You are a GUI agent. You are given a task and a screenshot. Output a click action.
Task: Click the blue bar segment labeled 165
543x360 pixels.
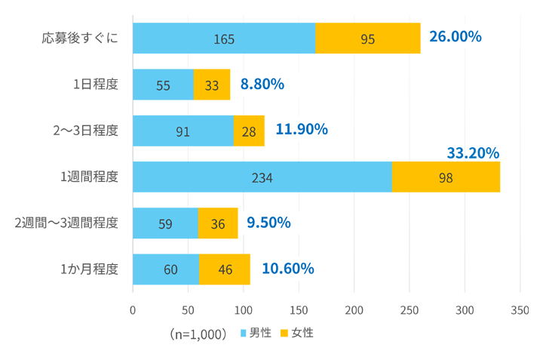coord(223,38)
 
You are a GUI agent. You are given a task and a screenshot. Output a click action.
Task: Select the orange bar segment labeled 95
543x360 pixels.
coord(368,38)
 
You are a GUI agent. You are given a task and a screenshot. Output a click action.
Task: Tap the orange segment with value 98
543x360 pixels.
coord(446,177)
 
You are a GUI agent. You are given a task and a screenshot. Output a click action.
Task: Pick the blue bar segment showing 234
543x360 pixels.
coord(262,177)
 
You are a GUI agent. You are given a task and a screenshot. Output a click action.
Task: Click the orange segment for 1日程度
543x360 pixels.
coord(212,85)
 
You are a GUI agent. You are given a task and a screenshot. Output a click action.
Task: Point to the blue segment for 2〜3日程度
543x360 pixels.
coord(183,131)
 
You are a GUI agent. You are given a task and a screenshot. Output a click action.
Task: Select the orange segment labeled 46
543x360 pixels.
coord(225,269)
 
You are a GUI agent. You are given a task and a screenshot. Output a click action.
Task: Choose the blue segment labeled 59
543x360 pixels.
coord(165,223)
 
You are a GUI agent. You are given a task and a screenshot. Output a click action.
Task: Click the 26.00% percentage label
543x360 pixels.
coord(455,36)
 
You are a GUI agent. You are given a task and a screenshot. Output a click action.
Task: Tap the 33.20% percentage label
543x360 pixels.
coord(473,153)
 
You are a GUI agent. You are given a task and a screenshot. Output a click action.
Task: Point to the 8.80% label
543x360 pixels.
coord(262,84)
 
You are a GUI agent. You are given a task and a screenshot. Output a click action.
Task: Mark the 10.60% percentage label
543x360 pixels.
coord(287,268)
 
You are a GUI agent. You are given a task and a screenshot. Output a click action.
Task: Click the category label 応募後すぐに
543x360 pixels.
coord(81,38)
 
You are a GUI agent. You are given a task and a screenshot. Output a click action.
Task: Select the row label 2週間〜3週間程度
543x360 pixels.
coord(66,223)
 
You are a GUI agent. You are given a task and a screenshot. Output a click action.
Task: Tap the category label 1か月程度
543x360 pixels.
coord(89,269)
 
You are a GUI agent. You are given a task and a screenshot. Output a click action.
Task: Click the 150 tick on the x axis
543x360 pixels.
coord(299,309)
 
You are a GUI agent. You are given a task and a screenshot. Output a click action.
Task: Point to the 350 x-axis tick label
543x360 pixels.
coord(520,309)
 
